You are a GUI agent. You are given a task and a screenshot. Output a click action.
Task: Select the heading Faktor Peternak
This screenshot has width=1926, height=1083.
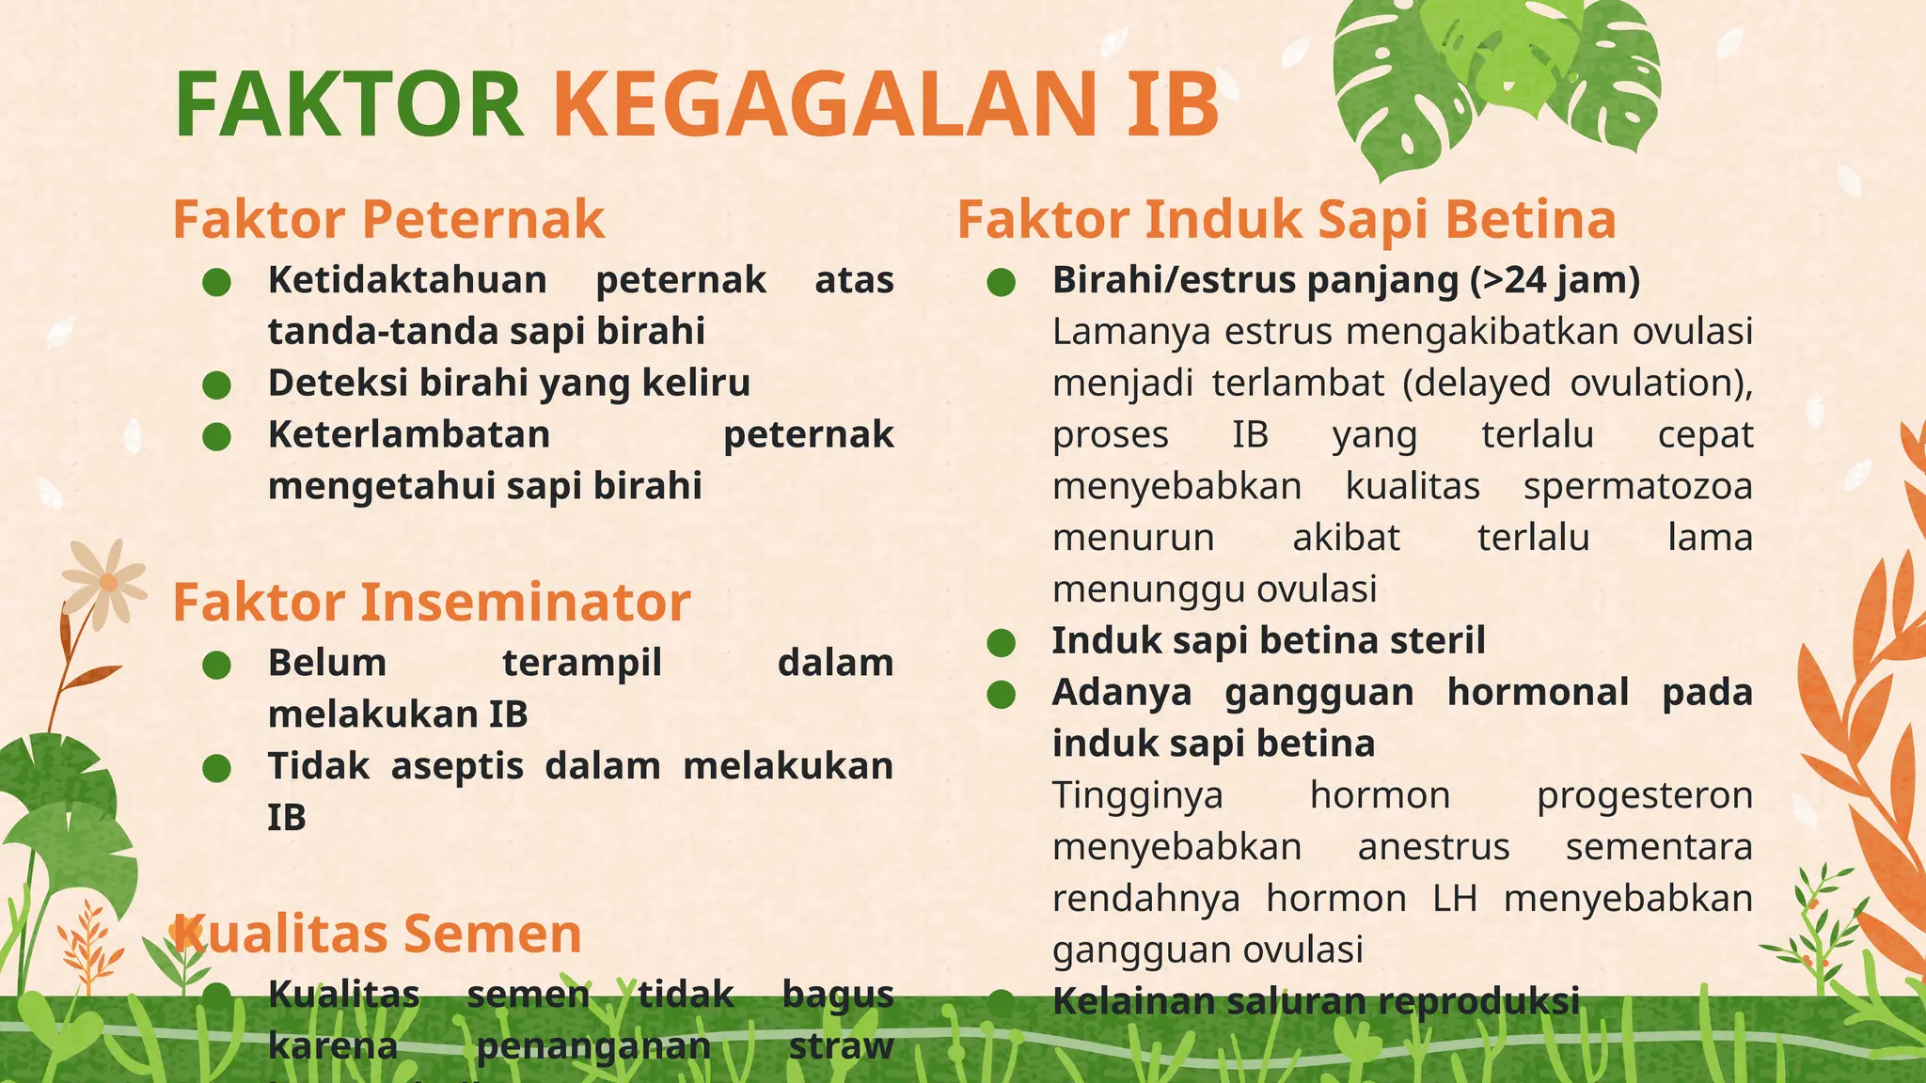[x=388, y=219]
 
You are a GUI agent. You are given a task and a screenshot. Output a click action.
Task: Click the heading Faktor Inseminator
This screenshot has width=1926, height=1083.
[x=432, y=602]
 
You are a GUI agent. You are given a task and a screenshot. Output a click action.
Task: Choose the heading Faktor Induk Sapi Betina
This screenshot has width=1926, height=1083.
[x=1287, y=219]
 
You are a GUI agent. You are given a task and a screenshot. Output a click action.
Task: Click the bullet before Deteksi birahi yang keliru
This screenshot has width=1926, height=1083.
[x=217, y=385]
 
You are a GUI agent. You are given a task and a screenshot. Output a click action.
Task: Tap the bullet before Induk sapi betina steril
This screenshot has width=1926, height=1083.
[x=1002, y=643]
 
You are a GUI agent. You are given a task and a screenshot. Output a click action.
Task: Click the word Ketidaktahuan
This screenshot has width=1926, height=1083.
[x=407, y=280]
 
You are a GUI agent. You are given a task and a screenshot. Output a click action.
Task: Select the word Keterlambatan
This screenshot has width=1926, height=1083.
[x=409, y=434]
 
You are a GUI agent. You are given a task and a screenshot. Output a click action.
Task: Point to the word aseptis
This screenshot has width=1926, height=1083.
[x=457, y=766]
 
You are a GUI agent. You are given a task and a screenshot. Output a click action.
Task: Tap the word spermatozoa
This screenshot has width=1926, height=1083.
[x=1637, y=486]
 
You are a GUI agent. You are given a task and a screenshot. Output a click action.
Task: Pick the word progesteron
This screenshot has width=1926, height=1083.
[x=1644, y=795]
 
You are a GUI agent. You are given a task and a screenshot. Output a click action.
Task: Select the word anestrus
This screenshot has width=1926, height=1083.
[x=1433, y=847]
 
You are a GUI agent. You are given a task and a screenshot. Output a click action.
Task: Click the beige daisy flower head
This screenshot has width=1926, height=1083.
[x=107, y=583]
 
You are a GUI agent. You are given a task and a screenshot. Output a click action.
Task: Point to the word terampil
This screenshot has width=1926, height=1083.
[x=582, y=663]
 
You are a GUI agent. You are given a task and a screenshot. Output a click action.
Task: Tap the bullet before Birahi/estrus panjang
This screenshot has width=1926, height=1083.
[x=1002, y=282]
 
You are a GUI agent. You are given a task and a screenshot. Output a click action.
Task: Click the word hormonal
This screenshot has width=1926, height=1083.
[x=1538, y=692]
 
